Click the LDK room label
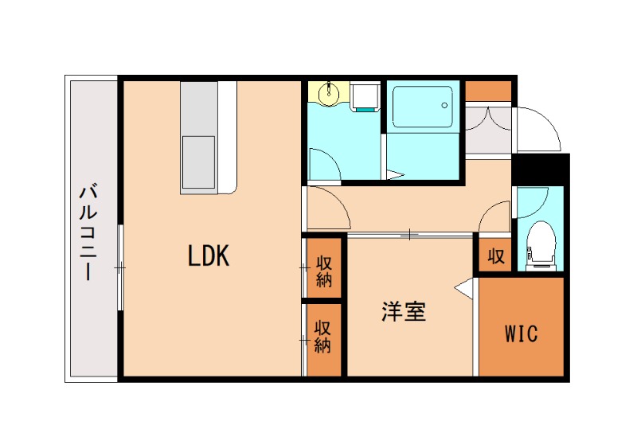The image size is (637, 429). tap(209, 255)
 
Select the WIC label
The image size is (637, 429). tap(521, 333)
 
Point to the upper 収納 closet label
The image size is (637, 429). tap(323, 271)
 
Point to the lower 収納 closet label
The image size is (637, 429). tap(322, 336)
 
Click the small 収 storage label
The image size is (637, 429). tap(495, 256)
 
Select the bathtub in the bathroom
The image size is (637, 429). tap(422, 107)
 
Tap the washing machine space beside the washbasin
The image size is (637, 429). tap(365, 96)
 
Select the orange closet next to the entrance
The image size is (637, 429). tap(488, 91)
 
